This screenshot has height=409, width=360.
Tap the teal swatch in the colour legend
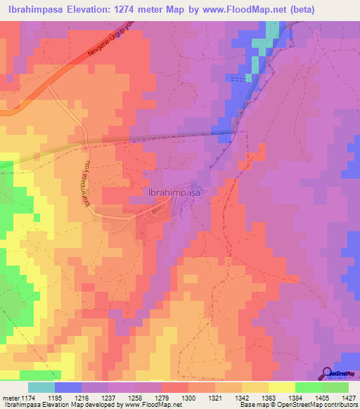pos(41,387)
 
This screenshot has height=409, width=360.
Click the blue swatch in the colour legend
pos(68,387)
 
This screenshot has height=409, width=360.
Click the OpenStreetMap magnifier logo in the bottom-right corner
pos(328,373)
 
